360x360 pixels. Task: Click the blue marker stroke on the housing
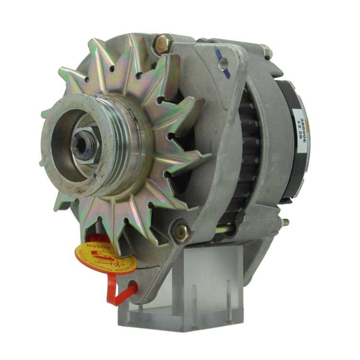click(217, 55)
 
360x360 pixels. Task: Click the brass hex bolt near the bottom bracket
click(181, 231)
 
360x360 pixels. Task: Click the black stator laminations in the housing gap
click(248, 151)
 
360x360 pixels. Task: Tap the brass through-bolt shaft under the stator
click(245, 228)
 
